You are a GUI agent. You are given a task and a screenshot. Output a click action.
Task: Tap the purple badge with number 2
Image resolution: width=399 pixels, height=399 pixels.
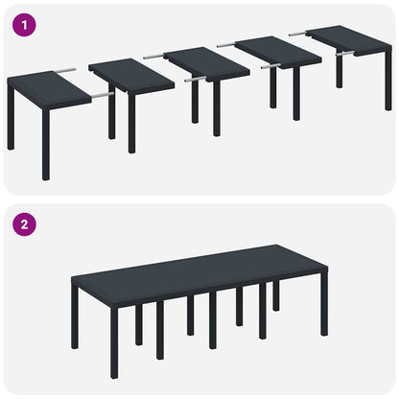coord(26,225)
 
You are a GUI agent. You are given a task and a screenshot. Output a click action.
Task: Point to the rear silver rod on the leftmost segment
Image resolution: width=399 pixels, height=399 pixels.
coord(64,70)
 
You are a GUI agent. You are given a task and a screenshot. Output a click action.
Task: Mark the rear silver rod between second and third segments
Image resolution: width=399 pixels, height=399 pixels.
coord(153,57)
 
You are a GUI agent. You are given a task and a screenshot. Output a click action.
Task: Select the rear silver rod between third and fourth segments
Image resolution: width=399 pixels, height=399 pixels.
coord(227,44)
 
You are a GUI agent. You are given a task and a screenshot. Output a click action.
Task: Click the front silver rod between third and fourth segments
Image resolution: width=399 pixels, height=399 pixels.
coord(269,66)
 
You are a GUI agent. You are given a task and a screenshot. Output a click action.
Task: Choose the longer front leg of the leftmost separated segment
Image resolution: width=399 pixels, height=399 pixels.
coord(45,149)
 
